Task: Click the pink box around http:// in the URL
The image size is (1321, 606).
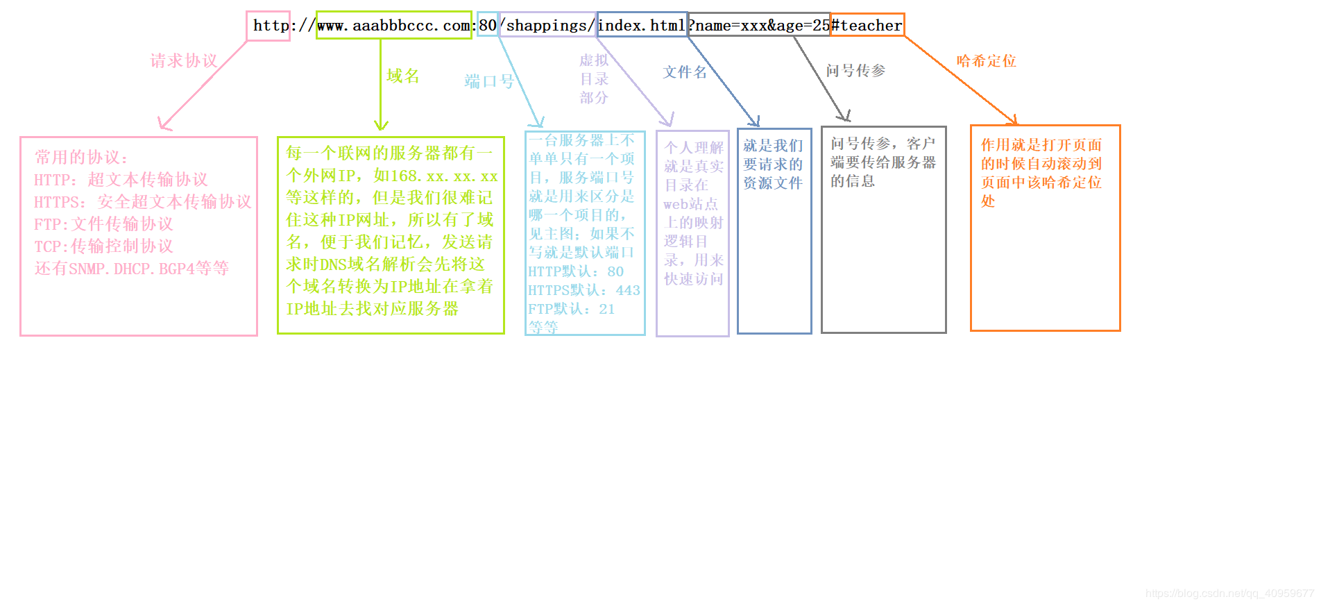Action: [268, 26]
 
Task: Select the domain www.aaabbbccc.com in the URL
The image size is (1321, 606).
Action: [393, 26]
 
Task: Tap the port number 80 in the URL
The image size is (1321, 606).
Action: [488, 26]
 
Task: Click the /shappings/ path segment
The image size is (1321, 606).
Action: [548, 26]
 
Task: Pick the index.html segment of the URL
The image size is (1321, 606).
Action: [642, 26]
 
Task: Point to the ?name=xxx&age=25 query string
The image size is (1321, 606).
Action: [760, 26]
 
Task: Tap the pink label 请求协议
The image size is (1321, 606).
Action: [184, 61]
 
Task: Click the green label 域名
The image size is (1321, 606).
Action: [403, 76]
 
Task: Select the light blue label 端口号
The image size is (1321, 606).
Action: [489, 81]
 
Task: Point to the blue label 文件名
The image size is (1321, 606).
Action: [685, 72]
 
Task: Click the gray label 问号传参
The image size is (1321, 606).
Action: [855, 71]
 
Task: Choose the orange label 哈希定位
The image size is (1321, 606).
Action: [986, 61]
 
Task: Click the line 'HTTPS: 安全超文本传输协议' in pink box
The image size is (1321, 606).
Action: [142, 202]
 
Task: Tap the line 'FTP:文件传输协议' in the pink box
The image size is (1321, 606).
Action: [103, 224]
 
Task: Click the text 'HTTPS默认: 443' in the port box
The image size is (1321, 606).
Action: [584, 290]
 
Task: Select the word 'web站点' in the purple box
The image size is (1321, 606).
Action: [690, 204]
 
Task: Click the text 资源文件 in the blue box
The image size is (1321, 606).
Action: [773, 183]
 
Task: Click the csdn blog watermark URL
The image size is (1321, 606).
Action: [1229, 594]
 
